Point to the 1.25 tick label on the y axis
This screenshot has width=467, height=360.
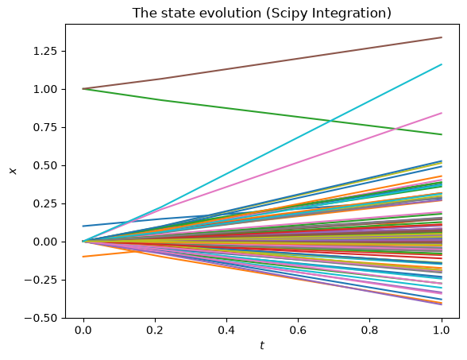44,51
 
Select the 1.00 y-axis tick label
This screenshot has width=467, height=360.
44,89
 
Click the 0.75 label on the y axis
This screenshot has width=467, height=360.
44,127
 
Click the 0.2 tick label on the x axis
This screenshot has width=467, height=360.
155,331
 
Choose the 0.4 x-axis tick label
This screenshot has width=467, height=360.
226,331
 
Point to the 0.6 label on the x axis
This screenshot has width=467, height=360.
298,331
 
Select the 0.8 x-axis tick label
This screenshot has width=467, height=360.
369,331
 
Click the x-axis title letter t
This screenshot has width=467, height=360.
262,346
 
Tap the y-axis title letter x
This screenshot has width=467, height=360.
13,171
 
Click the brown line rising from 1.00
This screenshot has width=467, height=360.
262,64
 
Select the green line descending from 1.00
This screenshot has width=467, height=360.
262,111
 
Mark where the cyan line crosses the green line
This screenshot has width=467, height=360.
330,121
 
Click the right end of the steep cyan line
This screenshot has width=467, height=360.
442,64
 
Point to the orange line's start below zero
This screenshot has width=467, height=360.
83,256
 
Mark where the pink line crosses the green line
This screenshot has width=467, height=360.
396,129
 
